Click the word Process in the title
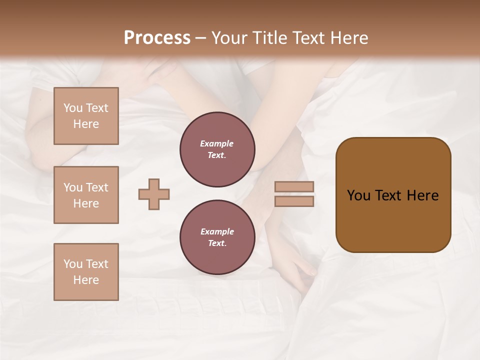click(157, 38)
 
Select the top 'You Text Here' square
click(86, 116)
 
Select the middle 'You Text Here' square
click(86, 195)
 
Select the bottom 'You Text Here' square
click(86, 272)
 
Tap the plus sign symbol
click(154, 194)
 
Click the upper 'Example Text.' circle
click(217, 149)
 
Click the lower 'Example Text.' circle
click(217, 237)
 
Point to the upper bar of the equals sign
click(294, 186)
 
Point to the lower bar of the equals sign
click(294, 201)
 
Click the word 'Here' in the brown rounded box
click(422, 195)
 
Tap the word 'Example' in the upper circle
click(217, 143)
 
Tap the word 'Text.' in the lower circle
click(217, 243)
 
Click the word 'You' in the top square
click(73, 108)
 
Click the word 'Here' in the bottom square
click(86, 280)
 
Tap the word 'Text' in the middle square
click(96, 187)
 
